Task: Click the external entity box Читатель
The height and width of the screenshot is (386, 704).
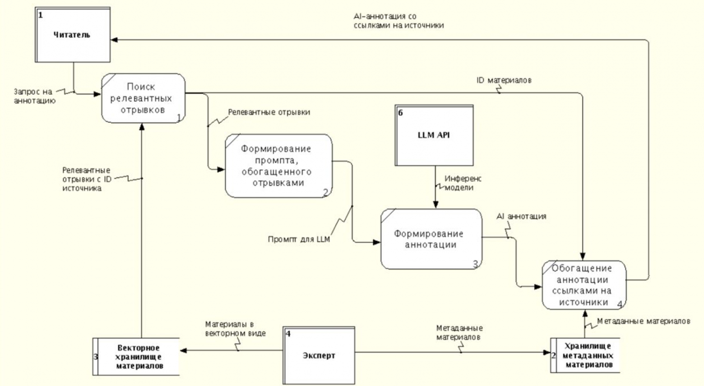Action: pos(73,35)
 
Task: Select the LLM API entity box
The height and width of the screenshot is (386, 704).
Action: pos(434,135)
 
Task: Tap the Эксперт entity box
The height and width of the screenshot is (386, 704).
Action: pos(319,355)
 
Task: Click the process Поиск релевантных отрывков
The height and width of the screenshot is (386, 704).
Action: pos(143,98)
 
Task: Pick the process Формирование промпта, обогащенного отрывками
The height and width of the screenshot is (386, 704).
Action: pos(278,166)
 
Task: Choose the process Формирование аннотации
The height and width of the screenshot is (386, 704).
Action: pos(431,239)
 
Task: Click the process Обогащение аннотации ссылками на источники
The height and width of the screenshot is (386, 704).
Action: pos(584,285)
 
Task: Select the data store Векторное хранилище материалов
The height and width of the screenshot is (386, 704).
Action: pos(138,357)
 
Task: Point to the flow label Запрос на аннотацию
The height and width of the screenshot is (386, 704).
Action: pos(34,96)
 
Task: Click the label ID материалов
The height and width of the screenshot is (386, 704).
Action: pos(504,80)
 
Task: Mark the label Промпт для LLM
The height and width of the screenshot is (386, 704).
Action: pos(299,240)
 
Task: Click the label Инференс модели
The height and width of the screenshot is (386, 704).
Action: pos(463,183)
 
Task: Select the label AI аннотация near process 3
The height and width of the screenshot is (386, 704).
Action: pos(521,216)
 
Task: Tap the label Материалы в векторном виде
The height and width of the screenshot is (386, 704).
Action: pos(235,329)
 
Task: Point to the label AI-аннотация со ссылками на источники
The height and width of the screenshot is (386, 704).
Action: pos(398,21)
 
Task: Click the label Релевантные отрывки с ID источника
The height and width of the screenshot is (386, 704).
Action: pos(86,179)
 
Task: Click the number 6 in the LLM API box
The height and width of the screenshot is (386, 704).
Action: pos(400,113)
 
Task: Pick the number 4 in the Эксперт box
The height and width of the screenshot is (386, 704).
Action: pos(288,334)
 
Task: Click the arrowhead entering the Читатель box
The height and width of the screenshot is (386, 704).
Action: pos(114,40)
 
